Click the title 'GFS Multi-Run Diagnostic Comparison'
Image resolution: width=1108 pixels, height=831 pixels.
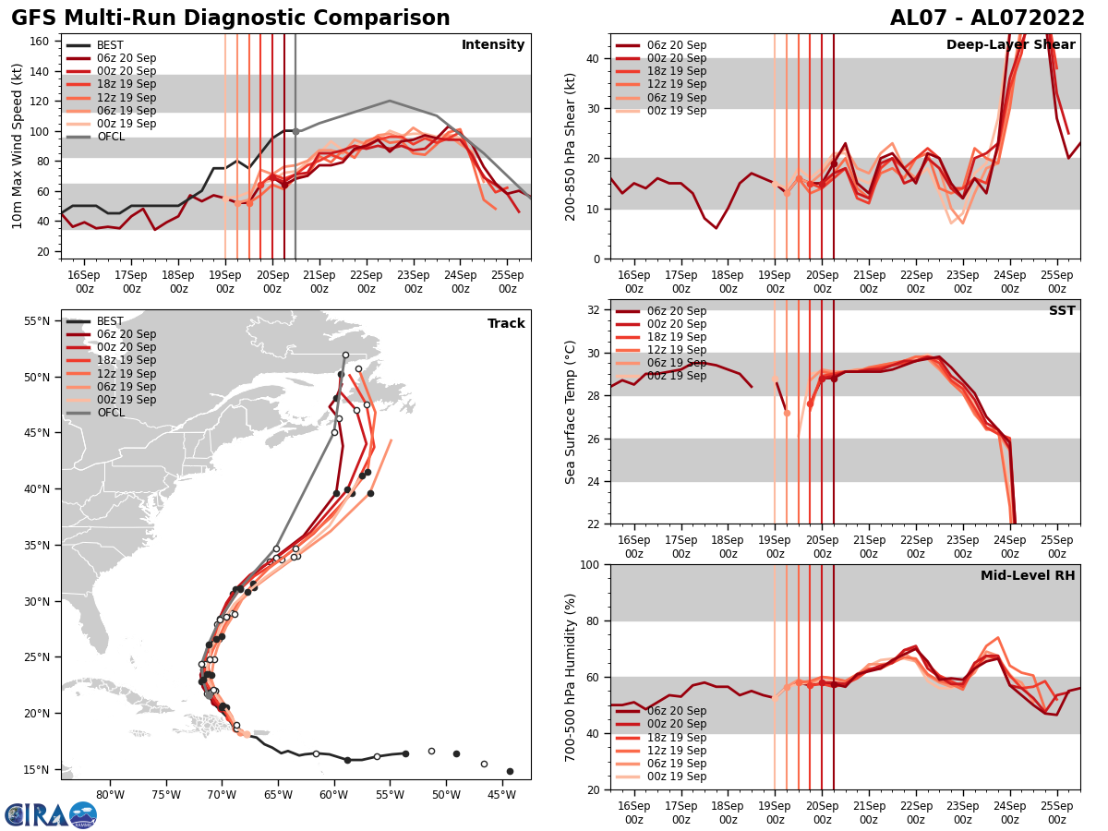[231, 18]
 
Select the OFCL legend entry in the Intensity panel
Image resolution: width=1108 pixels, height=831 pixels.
[110, 137]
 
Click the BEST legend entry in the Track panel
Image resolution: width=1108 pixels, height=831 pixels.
[110, 321]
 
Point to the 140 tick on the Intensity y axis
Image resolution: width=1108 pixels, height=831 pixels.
[45, 71]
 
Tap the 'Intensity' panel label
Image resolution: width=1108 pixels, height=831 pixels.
[493, 45]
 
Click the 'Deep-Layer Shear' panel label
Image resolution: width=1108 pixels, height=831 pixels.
[1010, 45]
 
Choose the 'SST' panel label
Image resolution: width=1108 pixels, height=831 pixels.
[1061, 311]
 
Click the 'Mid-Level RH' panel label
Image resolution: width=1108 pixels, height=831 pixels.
[1028, 576]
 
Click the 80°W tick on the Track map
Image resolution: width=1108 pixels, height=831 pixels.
[110, 795]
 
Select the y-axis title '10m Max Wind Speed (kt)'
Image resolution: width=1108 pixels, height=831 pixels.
[18, 147]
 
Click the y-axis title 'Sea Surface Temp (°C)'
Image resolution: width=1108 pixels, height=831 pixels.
[571, 412]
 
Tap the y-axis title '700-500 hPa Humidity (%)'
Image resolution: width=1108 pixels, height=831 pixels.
[571, 677]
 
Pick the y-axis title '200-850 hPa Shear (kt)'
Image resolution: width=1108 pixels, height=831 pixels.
[571, 147]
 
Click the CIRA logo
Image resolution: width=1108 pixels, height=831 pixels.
[51, 815]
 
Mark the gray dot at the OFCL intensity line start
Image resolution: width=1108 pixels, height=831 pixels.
[295, 131]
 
